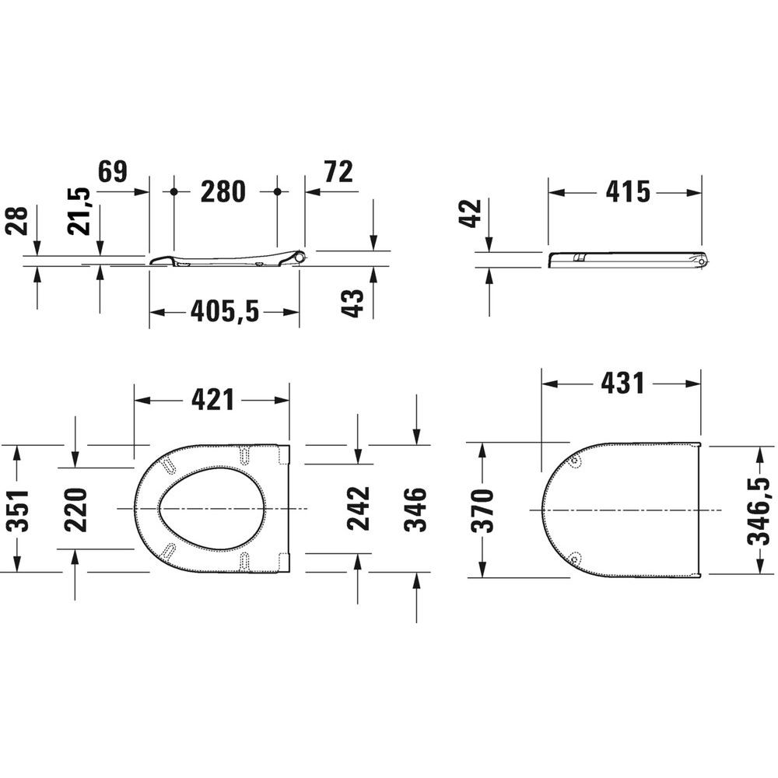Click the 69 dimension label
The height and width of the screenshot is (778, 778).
click(x=113, y=171)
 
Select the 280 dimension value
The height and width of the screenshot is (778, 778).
click(x=223, y=191)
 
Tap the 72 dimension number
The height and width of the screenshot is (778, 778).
click(x=338, y=172)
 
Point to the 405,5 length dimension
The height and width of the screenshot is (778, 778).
click(x=225, y=312)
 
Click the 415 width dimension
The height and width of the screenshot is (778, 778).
click(x=628, y=191)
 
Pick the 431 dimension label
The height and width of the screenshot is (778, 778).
click(x=622, y=383)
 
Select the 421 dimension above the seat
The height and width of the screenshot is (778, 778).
click(x=212, y=400)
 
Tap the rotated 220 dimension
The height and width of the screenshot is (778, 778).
click(x=75, y=510)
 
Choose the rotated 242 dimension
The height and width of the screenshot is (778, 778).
click(x=358, y=509)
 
